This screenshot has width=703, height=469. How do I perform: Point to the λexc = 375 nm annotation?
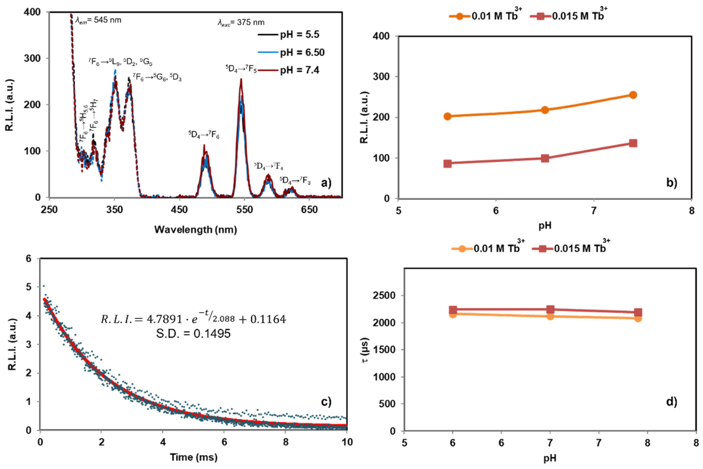tap(241, 22)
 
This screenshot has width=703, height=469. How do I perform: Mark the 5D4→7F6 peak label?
tap(204, 134)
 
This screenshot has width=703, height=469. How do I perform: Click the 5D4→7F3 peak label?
tap(295, 181)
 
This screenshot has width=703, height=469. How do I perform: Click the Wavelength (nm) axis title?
tap(196, 230)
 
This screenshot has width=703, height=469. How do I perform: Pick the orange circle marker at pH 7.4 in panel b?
tap(633, 95)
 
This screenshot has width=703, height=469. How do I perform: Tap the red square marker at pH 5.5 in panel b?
tap(447, 164)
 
